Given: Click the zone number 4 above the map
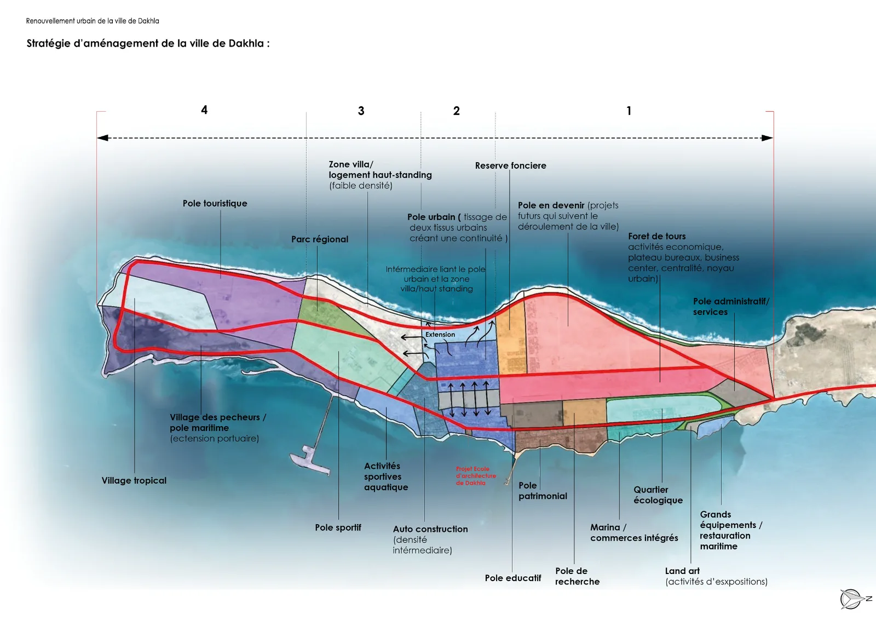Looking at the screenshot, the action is pos(204,110).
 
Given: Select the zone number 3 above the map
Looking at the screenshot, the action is pos(361,111).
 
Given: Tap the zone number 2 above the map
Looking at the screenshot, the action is pos(457,111).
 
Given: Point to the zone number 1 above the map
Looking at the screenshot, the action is pos(629,111).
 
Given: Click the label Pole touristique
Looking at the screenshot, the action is pos(215,203).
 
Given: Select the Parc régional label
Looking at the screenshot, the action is pos(320,239).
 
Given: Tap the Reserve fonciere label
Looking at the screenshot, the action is pos(511,165).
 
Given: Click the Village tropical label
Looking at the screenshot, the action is pos(134,481).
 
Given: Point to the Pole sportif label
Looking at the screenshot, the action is pos(338,527).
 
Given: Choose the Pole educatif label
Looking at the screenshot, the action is pos(512,578).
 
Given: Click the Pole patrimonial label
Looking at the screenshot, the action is pos(543,491).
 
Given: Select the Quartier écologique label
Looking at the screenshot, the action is pos(658,495).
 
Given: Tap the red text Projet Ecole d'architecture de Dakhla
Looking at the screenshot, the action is pos(476,475).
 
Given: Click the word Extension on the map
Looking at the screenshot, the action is pos(440,335).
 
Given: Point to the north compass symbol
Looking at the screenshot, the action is pos(855,599).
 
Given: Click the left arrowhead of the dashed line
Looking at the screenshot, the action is pos(102,137).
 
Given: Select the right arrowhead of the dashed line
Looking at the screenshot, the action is pos(767,137).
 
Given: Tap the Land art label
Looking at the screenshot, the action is pos(682,571).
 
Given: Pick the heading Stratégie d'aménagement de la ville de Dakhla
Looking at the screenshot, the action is pos(148,43).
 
